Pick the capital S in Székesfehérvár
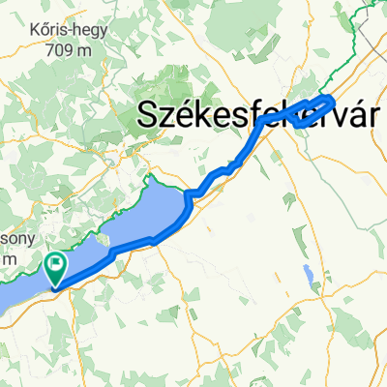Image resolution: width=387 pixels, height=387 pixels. [148, 115]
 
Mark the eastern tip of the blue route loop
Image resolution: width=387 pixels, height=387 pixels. [334, 99]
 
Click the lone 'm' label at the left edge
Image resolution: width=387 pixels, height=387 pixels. [8, 259]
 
